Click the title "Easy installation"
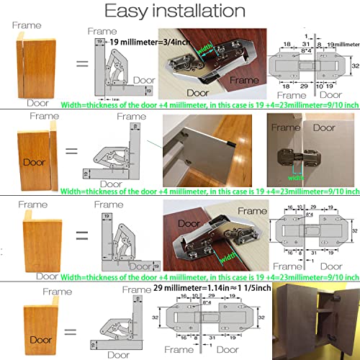click(x=180, y=12)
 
